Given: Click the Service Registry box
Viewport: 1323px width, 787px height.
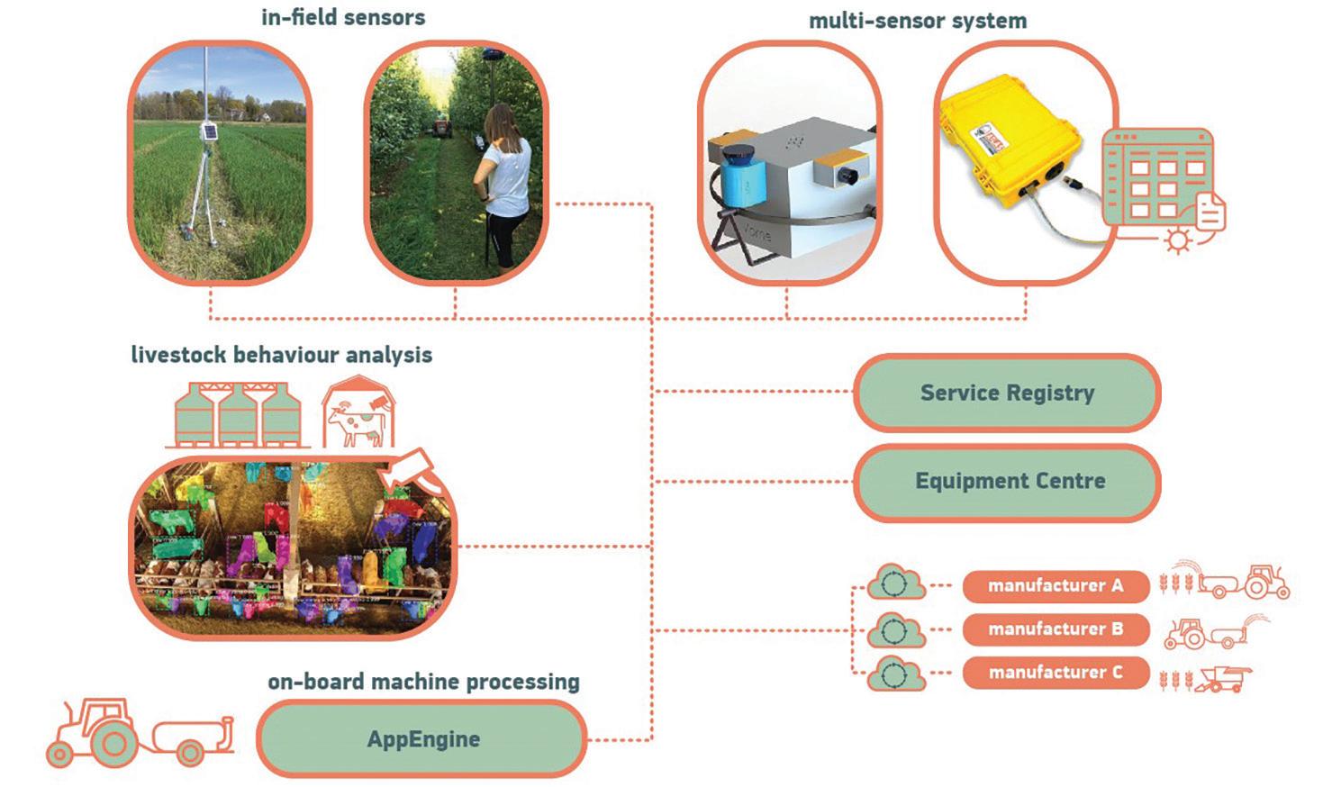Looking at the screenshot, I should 1007,393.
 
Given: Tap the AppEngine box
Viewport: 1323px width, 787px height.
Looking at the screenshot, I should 423,739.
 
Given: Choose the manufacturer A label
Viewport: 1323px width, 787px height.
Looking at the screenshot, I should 1056,586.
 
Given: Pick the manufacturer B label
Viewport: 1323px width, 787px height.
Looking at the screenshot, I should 1056,629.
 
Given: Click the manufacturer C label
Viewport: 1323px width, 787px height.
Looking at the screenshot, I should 1056,673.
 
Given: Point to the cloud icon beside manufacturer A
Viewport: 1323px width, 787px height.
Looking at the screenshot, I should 894,583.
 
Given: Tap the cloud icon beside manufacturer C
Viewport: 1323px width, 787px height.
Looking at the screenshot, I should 894,674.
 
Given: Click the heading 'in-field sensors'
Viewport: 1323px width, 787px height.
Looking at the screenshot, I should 343,17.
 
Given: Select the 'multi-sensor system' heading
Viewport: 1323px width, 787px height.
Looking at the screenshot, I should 918,21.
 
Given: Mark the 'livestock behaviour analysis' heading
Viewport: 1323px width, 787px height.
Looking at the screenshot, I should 282,355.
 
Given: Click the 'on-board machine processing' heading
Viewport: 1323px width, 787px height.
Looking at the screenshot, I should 423,682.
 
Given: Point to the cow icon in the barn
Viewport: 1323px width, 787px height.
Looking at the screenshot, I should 358,424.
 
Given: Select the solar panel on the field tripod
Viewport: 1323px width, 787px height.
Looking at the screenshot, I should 209,132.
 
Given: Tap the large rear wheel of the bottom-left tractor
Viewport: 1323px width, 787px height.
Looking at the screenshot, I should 113,744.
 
